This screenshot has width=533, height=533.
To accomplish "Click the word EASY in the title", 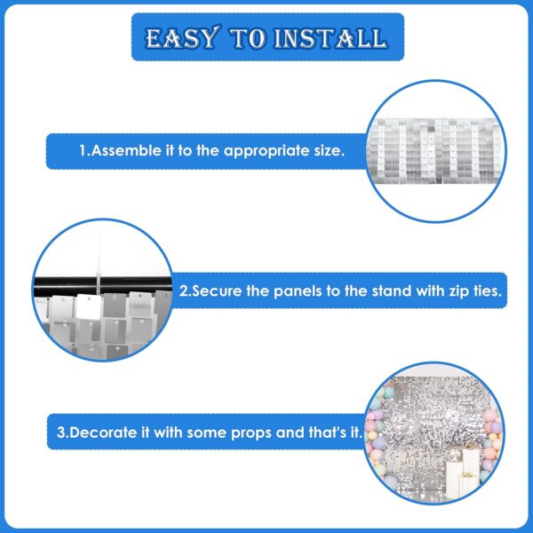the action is point(182,37).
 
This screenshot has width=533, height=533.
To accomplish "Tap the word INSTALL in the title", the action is point(330,38).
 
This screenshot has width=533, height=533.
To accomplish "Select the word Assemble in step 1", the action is point(126,151).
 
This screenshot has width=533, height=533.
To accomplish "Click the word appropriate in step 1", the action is point(266,151).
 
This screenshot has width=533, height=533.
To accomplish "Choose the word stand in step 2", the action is point(392,291).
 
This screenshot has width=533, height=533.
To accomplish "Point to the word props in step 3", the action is point(251,434).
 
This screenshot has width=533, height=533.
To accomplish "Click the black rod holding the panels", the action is point(103,285).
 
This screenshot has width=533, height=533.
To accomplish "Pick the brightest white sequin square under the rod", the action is point(89,306).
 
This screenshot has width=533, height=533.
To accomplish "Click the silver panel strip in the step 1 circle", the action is point(436,151).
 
